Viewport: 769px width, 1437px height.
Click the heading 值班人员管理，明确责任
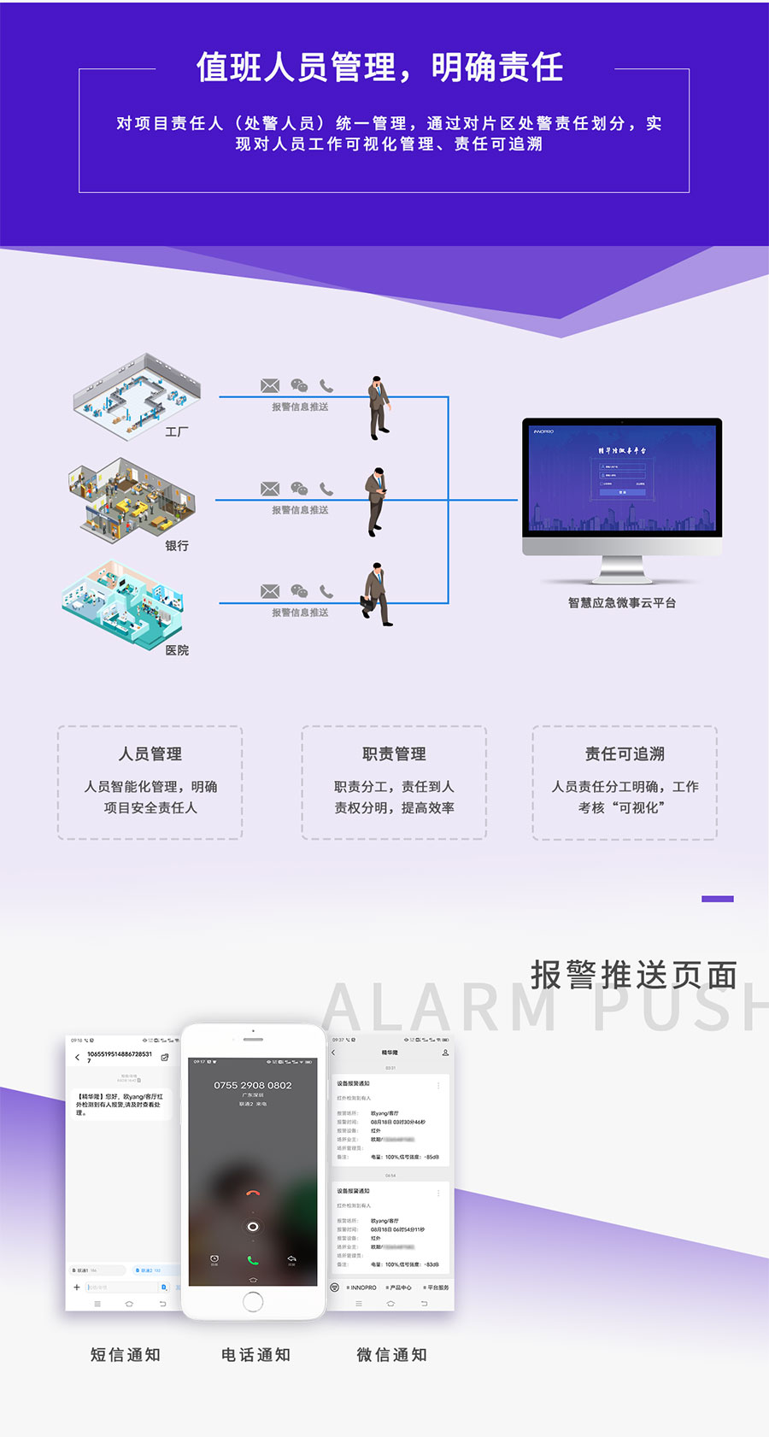[x=379, y=67]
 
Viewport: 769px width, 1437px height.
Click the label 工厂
[x=177, y=432]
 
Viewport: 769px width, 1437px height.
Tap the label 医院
[x=177, y=650]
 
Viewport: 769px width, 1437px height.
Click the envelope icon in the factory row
[x=270, y=386]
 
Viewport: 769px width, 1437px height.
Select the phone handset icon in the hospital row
[x=326, y=591]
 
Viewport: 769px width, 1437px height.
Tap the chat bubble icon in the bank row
[x=299, y=489]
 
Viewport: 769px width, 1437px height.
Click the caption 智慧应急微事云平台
[x=622, y=603]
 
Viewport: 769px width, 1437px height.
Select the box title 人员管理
[x=150, y=754]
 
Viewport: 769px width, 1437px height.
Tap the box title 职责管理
[x=394, y=754]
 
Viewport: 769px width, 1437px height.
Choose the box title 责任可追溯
[x=625, y=754]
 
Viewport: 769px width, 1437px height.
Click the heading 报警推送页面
[x=634, y=975]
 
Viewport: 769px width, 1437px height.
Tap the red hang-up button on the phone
[x=252, y=1194]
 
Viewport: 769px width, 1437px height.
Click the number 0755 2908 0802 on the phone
[x=253, y=1085]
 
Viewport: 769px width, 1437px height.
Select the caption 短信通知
[x=126, y=1355]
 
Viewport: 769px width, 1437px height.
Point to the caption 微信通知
[x=392, y=1355]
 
